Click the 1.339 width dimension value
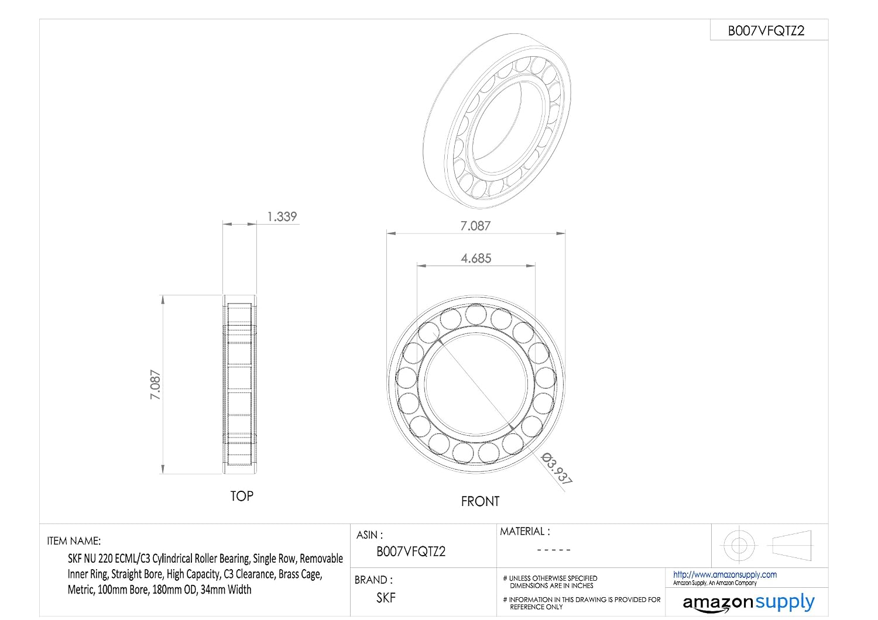pyautogui.click(x=282, y=216)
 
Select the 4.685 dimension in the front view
pyautogui.click(x=476, y=259)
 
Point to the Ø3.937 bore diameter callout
pyautogui.click(x=557, y=469)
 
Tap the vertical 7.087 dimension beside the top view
pyautogui.click(x=155, y=385)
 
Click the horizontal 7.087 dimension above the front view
pyautogui.click(x=475, y=226)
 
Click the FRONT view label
pyautogui.click(x=480, y=501)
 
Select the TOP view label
pyautogui.click(x=242, y=496)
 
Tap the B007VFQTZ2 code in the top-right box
pyautogui.click(x=766, y=30)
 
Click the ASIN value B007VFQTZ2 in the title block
pyautogui.click(x=411, y=552)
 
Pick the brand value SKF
pyautogui.click(x=386, y=598)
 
